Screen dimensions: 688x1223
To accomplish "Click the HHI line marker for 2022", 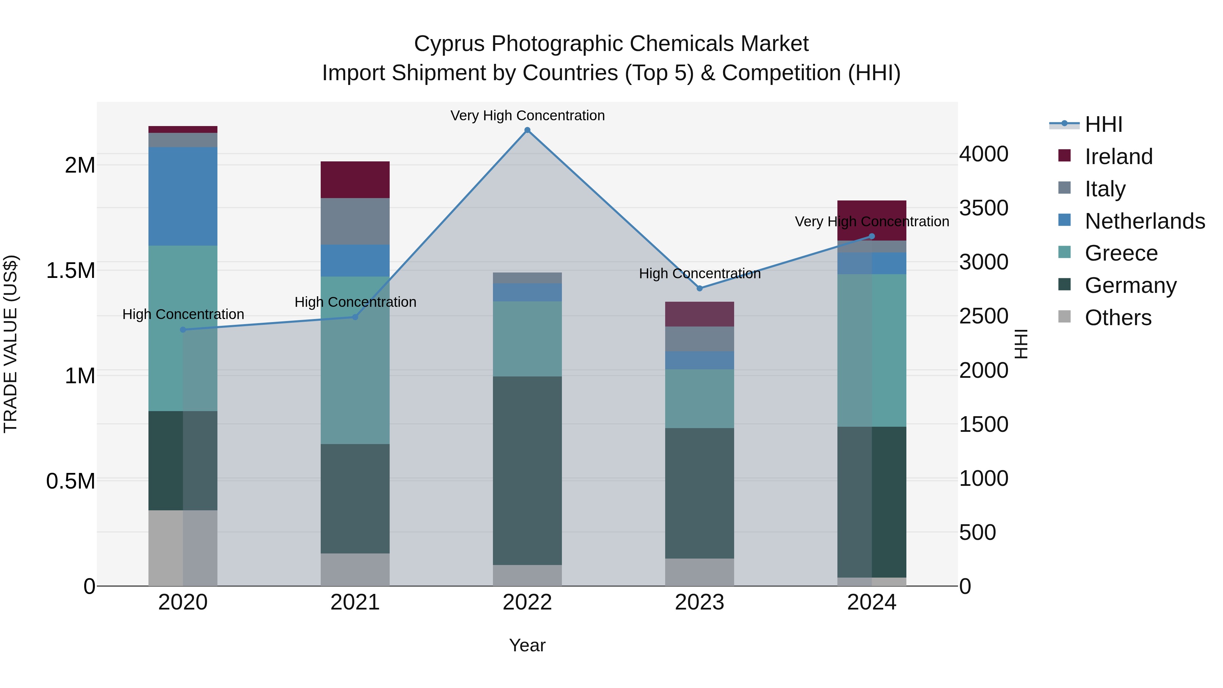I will coord(527,130).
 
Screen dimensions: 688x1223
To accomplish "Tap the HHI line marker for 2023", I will coord(699,288).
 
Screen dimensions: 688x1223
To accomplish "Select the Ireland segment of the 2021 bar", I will coord(355,179).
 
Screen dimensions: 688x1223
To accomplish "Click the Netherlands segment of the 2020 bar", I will coord(183,196).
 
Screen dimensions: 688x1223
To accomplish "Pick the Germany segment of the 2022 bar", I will coord(527,470).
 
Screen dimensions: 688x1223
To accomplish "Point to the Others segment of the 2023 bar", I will coord(699,572).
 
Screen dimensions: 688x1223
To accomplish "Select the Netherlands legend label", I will coord(1144,221).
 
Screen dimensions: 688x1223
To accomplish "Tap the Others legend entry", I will coord(1118,318).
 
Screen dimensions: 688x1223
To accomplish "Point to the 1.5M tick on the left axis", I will coord(70,271).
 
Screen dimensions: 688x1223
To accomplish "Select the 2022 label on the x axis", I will coord(527,602).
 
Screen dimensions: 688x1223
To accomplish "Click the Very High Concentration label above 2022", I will coord(527,116).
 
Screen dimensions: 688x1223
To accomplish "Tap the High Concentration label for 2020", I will coord(183,314).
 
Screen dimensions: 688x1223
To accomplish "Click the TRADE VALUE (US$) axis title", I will coord(11,344).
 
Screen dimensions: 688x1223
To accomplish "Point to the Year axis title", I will coord(527,645).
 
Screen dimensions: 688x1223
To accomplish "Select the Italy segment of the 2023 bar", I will coord(699,338).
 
